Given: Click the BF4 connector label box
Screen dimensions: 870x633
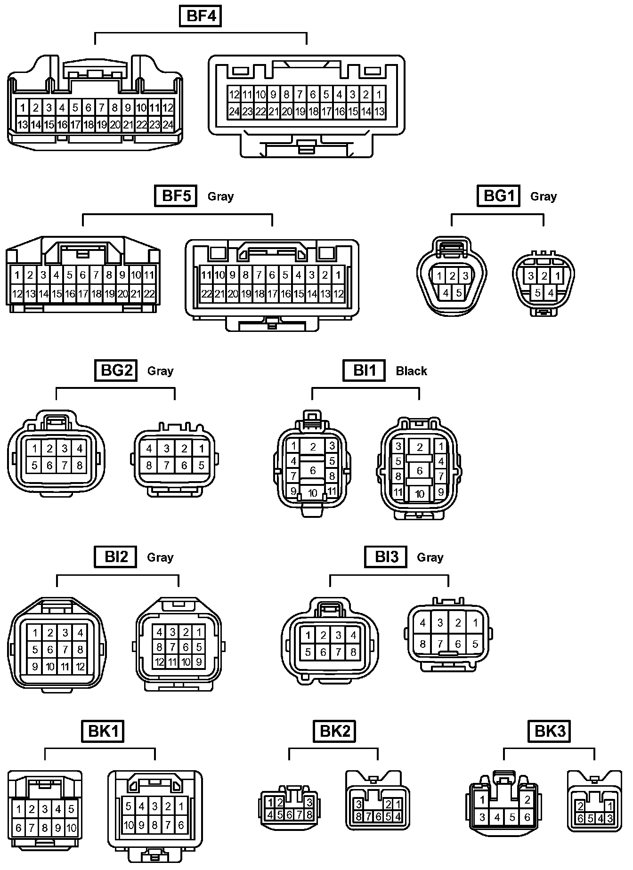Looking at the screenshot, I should click(x=201, y=16).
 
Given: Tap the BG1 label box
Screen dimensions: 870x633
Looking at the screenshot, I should click(x=498, y=196).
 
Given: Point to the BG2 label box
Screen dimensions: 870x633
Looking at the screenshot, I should click(x=116, y=371).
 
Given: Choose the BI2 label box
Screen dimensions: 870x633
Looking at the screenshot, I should click(x=115, y=557).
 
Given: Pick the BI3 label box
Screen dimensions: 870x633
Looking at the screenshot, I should click(x=386, y=557).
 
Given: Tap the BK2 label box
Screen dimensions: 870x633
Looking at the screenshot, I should click(x=335, y=732).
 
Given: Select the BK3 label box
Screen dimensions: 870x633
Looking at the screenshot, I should click(x=549, y=732).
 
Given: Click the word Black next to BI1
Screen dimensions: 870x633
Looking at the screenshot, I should click(x=411, y=371).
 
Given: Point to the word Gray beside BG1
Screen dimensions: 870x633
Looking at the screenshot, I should click(x=543, y=196).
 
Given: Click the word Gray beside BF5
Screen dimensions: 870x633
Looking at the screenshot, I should click(x=220, y=196).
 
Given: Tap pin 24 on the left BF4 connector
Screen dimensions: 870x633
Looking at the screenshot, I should click(x=168, y=125).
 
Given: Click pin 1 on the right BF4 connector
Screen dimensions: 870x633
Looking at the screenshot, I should click(x=379, y=95).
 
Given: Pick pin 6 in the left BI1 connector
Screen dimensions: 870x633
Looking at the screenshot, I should click(x=313, y=470).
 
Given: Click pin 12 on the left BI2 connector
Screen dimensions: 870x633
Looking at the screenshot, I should click(x=81, y=667).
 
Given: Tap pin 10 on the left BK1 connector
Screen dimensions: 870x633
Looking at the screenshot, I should click(x=71, y=828).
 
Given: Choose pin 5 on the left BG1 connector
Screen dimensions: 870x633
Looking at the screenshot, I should click(x=459, y=293).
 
